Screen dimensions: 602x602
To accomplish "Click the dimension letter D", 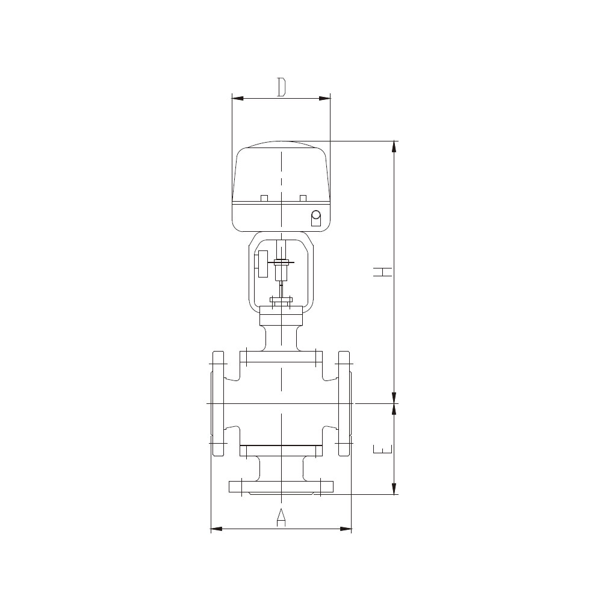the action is click(x=282, y=87).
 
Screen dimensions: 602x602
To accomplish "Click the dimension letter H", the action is click(x=383, y=272).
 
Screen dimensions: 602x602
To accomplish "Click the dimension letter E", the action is click(x=383, y=449).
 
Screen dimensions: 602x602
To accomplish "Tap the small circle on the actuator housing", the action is click(x=316, y=215).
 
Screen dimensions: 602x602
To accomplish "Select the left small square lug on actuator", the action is click(x=264, y=198).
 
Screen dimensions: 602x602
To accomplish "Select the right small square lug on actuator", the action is click(x=303, y=198).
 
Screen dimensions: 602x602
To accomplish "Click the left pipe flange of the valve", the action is click(x=218, y=403).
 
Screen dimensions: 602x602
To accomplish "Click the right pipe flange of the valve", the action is click(x=344, y=403).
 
